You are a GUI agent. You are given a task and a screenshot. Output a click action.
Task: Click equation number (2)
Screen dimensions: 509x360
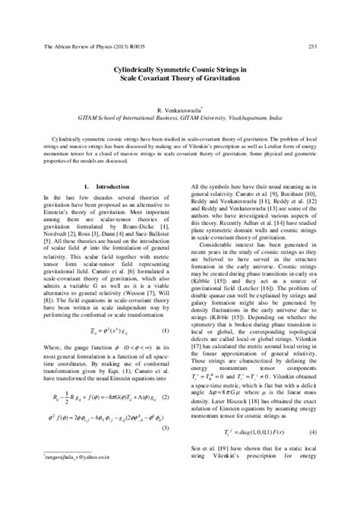click(165, 396)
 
